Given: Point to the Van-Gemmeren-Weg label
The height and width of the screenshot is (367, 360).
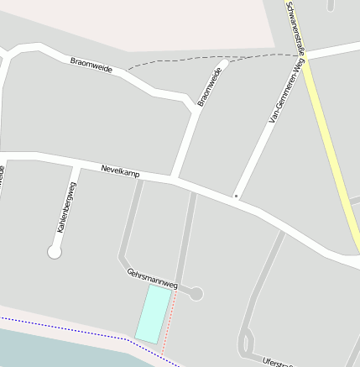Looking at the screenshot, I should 285,97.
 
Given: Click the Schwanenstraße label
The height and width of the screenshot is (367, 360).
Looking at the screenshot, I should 296,25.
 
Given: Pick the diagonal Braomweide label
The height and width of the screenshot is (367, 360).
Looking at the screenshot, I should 211,87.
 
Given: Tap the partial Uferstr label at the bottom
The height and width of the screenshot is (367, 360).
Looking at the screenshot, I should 276,362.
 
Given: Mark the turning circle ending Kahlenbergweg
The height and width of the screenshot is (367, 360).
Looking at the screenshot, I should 55,251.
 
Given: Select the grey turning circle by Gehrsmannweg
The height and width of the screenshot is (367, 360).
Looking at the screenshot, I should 196,293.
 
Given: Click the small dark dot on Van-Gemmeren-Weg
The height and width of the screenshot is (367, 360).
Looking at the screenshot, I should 237,197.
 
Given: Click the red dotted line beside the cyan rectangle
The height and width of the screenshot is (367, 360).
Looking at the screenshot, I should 170,322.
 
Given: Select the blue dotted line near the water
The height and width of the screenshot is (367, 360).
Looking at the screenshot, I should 67,327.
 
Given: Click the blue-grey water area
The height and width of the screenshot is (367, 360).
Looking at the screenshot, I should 50,349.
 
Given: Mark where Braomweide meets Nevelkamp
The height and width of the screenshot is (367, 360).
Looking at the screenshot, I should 174,178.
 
